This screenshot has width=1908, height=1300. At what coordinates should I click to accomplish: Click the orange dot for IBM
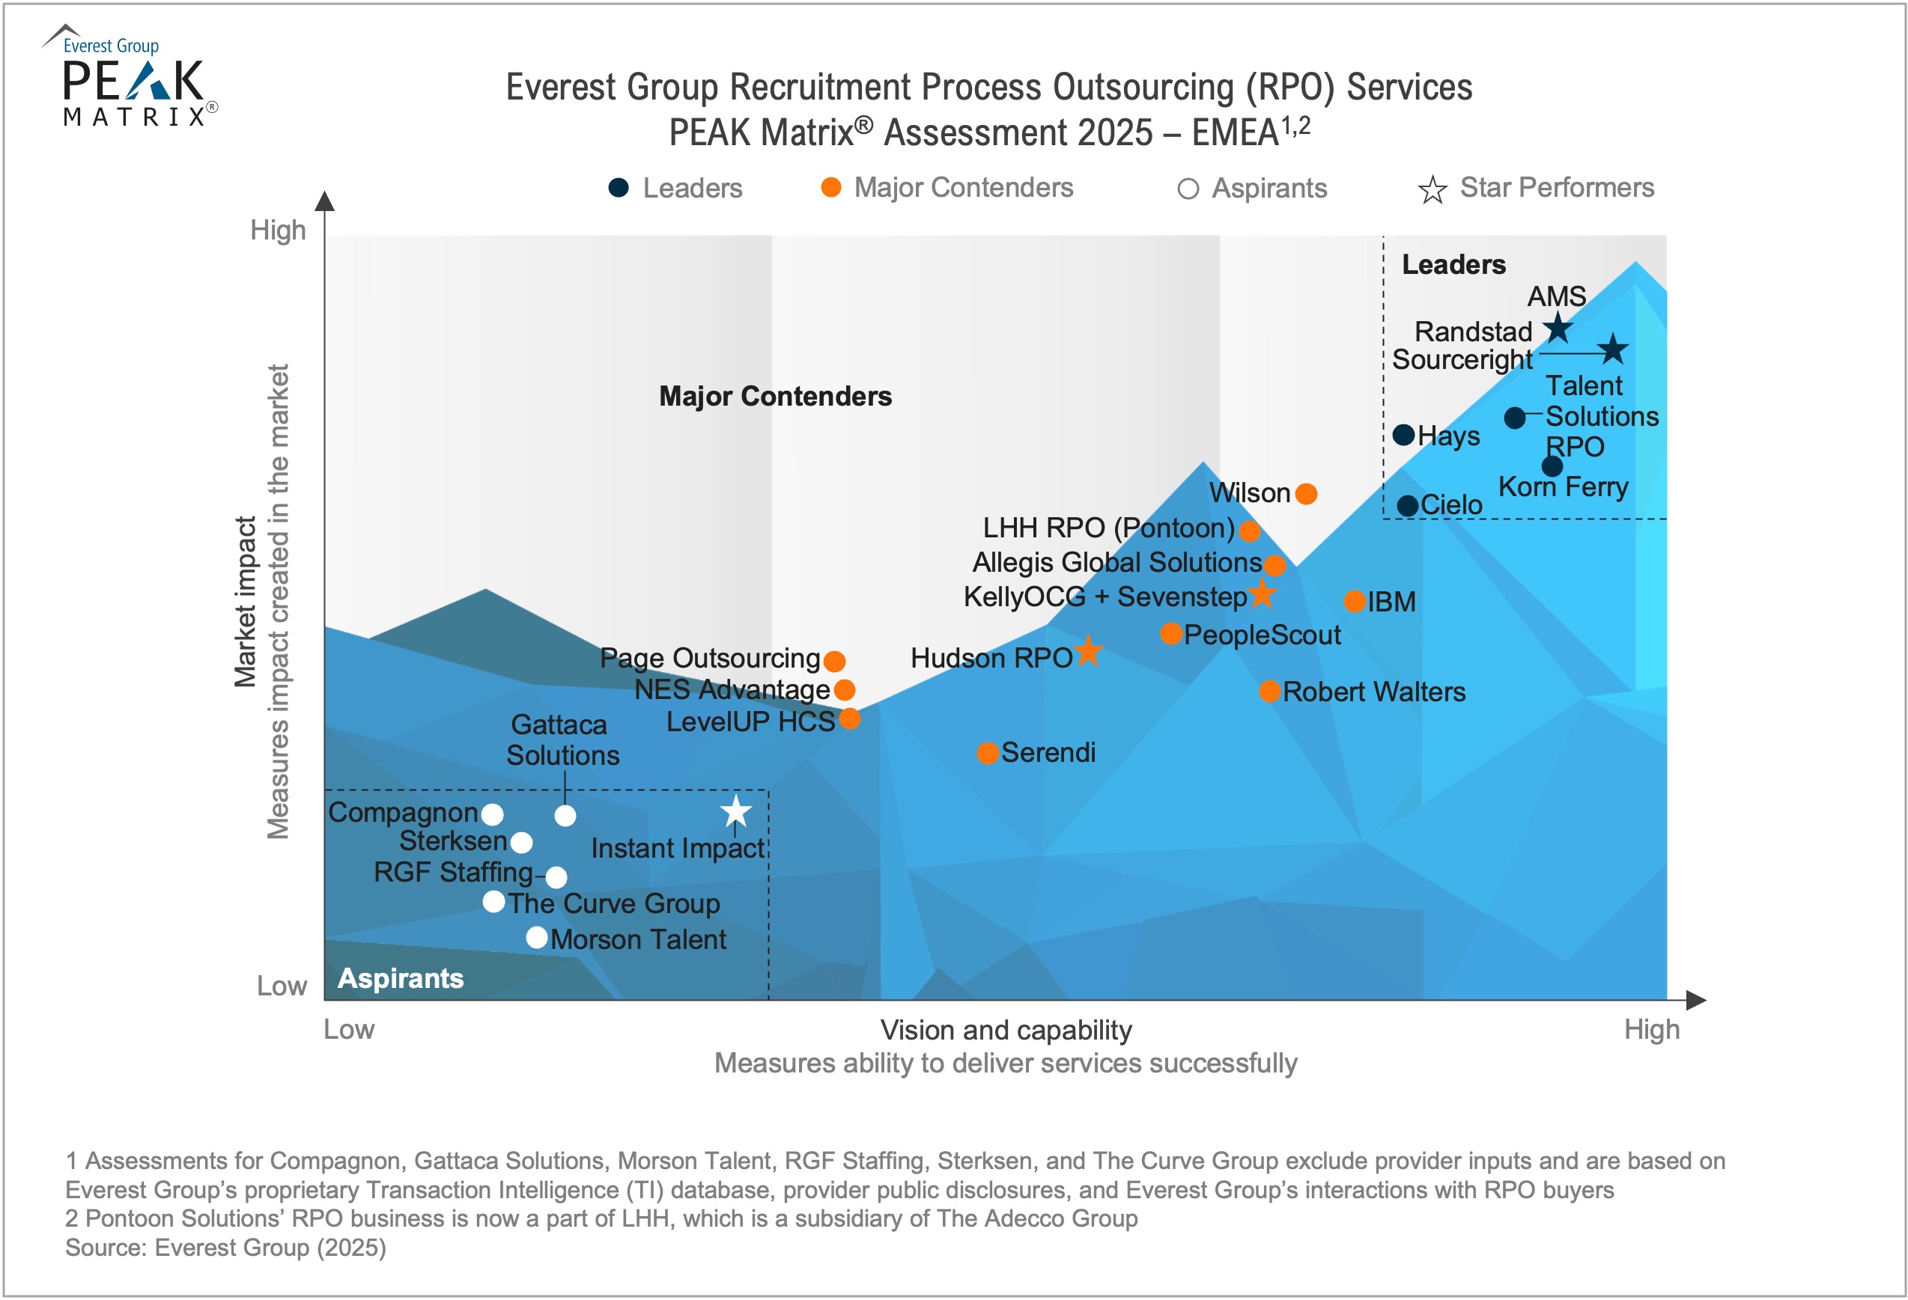click(x=1355, y=602)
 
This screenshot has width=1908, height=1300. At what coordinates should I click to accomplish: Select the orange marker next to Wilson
click(x=1306, y=493)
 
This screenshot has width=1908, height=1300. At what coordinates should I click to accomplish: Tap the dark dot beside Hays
click(x=1404, y=435)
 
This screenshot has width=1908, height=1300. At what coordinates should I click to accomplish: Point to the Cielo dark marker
click(x=1408, y=506)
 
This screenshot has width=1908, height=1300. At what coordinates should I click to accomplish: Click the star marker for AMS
click(x=1558, y=329)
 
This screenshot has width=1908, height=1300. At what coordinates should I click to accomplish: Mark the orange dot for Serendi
click(x=988, y=754)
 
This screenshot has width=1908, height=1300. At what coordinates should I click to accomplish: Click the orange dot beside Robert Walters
click(x=1270, y=691)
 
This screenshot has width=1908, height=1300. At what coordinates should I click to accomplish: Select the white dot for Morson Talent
click(x=537, y=937)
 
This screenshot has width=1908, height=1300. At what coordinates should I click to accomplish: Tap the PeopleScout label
click(x=1262, y=635)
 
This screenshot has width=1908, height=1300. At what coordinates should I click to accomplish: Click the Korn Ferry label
click(x=1564, y=486)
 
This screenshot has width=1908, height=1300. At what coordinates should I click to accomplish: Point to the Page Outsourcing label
click(x=710, y=658)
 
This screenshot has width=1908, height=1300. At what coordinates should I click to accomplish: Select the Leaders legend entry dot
click(x=619, y=188)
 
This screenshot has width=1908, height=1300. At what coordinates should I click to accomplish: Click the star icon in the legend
click(x=1432, y=189)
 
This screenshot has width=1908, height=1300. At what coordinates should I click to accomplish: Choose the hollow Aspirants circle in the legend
click(x=1188, y=189)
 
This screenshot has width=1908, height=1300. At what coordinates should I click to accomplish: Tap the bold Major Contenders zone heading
click(x=775, y=397)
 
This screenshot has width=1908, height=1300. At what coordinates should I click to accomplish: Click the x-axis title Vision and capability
click(x=1006, y=1030)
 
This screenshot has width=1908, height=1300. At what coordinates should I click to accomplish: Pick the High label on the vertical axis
click(x=279, y=231)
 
